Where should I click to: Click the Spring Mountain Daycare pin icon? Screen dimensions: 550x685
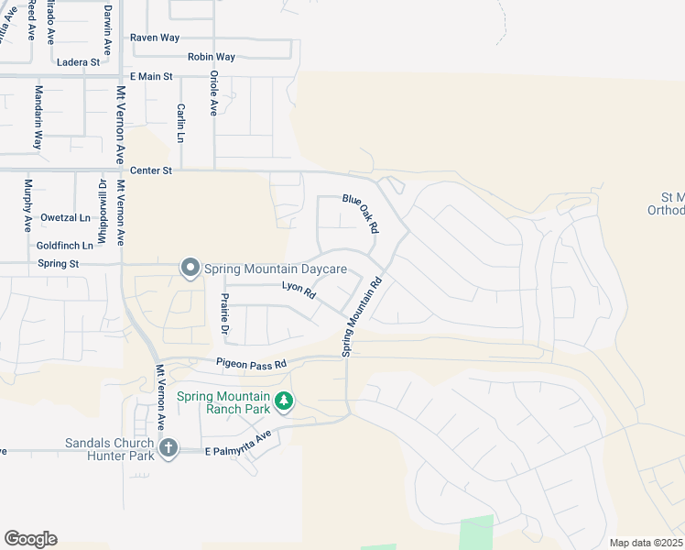coord(190,268)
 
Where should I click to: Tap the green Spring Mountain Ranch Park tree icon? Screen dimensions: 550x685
coord(285,401)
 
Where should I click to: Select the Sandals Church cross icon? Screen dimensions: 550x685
coord(168,447)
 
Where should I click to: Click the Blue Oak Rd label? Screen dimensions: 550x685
coord(361,213)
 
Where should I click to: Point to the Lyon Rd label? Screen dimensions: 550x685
coord(299,291)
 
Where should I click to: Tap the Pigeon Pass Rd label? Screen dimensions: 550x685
coord(252,363)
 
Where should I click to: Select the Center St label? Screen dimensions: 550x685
coord(151,170)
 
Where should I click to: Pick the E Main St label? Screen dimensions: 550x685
coord(151,76)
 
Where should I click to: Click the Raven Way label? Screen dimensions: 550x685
coord(155,38)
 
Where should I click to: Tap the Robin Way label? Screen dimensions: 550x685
coord(212,57)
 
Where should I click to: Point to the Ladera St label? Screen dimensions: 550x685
coord(78,62)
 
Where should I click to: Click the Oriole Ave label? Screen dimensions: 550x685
coord(213,93)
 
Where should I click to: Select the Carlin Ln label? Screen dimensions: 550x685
coord(181,123)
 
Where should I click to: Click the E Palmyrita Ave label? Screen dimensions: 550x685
coord(237,452)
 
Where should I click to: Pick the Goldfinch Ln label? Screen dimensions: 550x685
coord(65,246)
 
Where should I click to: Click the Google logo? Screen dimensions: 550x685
coord(30,539)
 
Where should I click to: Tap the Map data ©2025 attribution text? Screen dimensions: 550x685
coord(646,543)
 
